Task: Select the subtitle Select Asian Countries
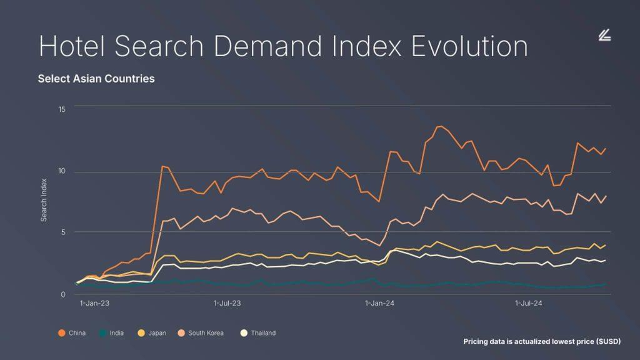(96, 79)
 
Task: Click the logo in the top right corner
(604, 36)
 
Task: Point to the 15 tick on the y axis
(62, 109)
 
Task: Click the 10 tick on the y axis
(62, 172)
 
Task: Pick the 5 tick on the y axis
(63, 232)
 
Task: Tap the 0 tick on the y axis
(63, 294)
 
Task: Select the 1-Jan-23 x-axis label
(94, 304)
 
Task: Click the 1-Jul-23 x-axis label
(227, 304)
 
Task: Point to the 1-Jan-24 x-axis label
(379, 304)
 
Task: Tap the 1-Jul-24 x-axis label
(528, 304)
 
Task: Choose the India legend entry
(112, 333)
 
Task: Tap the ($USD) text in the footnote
(608, 342)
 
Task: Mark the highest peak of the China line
(439, 126)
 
